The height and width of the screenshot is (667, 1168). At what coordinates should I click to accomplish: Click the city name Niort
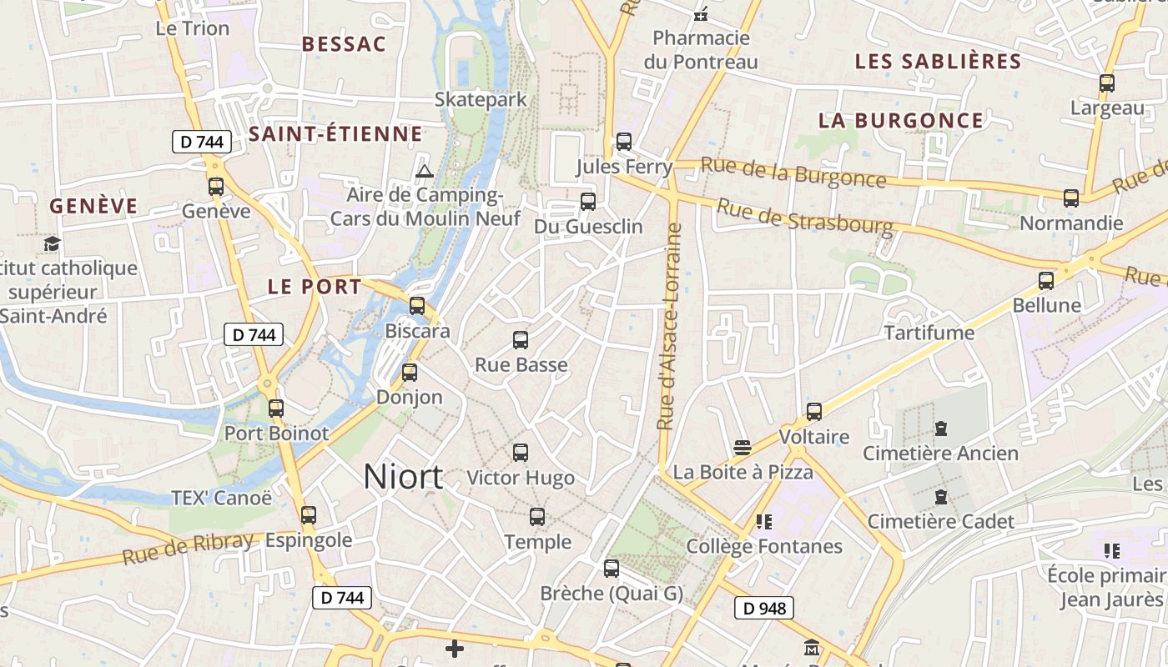(403, 476)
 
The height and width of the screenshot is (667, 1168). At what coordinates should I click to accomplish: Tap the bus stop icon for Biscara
(417, 306)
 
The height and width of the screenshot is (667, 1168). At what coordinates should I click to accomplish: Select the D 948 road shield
(763, 609)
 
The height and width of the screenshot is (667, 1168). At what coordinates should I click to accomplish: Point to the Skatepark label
(481, 99)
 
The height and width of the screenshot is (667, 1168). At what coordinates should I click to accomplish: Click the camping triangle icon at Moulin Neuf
(424, 172)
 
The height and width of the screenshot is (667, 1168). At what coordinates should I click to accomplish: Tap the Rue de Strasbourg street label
(804, 215)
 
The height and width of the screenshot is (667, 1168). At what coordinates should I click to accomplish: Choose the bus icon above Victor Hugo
(521, 453)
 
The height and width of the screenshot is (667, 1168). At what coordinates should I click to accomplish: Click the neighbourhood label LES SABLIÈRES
(938, 61)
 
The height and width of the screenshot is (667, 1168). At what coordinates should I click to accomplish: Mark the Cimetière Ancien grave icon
(941, 429)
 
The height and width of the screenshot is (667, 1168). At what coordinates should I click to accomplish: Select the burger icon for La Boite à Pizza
(743, 447)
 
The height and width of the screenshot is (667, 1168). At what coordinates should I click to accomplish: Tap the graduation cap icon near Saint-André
(53, 244)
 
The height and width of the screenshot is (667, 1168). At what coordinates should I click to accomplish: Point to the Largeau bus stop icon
(1107, 83)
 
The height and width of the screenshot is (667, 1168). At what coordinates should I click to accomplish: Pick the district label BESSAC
(344, 44)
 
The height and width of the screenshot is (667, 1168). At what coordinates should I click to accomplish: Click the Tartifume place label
(929, 333)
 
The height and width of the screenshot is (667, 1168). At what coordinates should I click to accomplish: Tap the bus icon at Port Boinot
(276, 409)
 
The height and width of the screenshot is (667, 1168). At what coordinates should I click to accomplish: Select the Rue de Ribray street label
(188, 547)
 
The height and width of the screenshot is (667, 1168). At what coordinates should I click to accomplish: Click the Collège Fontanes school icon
(763, 522)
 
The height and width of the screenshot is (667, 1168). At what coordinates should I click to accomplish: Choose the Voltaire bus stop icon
(814, 412)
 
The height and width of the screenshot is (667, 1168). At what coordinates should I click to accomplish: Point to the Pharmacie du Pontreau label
(701, 50)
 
